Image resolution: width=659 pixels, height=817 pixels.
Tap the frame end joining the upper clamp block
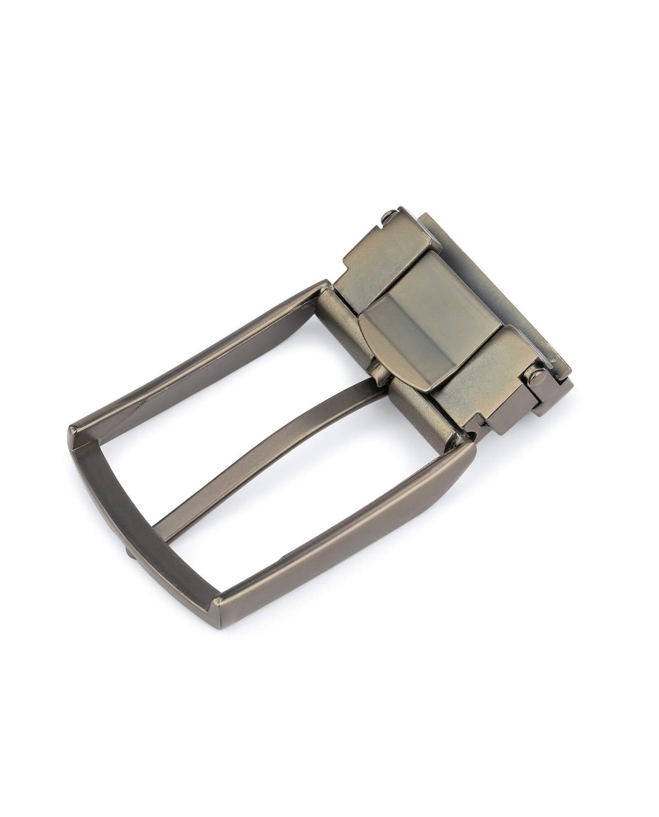pyautogui.click(x=324, y=289)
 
